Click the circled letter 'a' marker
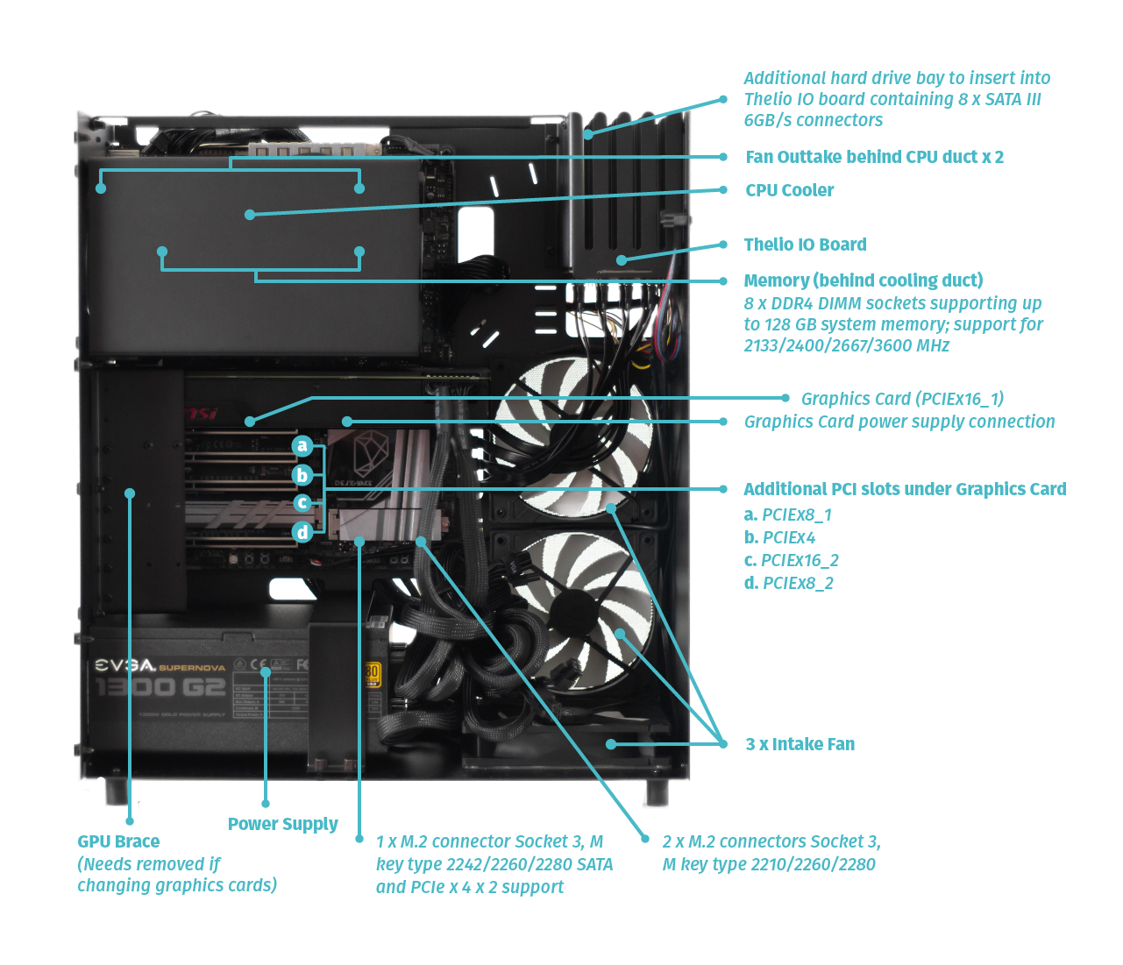pos(302,446)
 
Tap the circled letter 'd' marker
pos(302,532)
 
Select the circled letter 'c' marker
pos(302,503)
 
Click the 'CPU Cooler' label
pos(789,190)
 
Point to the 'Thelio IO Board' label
pos(805,245)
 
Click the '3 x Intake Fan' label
pos(800,744)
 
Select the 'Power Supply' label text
pos(282,824)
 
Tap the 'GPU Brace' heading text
pos(118,841)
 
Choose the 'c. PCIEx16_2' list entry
pos(791,560)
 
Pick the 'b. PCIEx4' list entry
pos(779,537)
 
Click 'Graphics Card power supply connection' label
pos(899,422)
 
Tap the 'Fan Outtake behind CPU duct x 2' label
pos(874,157)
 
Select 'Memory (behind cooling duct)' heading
pos(863,280)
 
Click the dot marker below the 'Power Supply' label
pos(266,803)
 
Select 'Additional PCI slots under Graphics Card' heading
pos(904,489)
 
